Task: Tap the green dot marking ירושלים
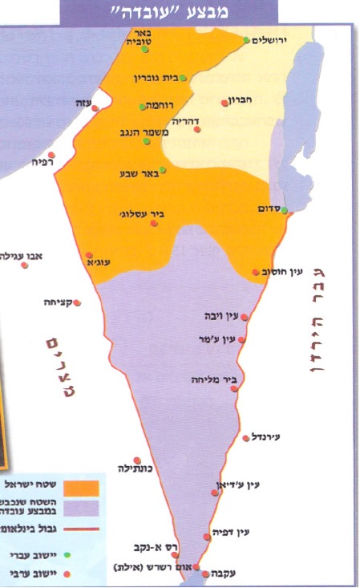pos(246,39)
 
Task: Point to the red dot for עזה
pos(95,107)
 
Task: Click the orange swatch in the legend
pos(84,488)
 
